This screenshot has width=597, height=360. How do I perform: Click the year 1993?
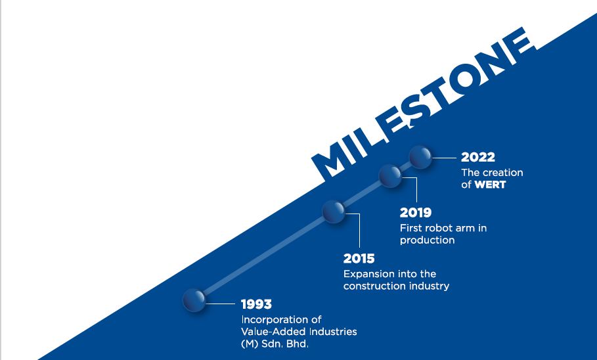point(256,304)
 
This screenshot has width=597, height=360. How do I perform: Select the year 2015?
point(359,258)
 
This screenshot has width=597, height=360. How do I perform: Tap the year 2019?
point(415,213)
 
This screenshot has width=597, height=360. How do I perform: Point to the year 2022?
point(478,157)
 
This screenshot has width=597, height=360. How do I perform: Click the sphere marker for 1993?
point(194,300)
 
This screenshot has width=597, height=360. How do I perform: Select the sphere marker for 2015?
point(334,211)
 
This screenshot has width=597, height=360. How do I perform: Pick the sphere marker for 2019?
point(390,175)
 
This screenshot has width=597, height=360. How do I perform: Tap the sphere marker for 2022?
point(420,156)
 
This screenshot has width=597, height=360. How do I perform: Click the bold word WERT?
point(490,185)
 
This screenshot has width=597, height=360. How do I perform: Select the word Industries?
point(333,332)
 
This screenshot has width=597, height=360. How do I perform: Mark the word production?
point(427,240)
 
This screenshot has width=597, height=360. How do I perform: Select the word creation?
point(502,173)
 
